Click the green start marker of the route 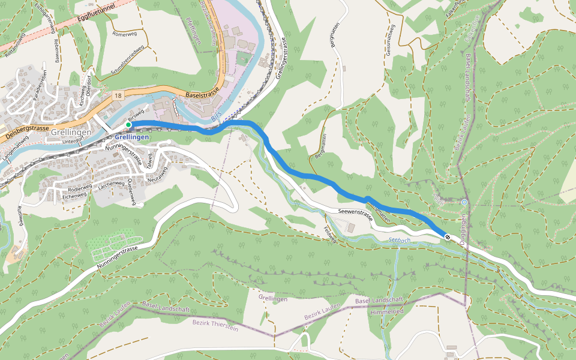click(x=128, y=125)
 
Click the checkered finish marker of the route click(x=447, y=237)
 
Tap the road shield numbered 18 click(x=117, y=95)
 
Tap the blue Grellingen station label click(x=131, y=137)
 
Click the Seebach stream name click(x=400, y=240)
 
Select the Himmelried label click(x=387, y=312)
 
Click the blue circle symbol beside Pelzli click(x=464, y=202)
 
